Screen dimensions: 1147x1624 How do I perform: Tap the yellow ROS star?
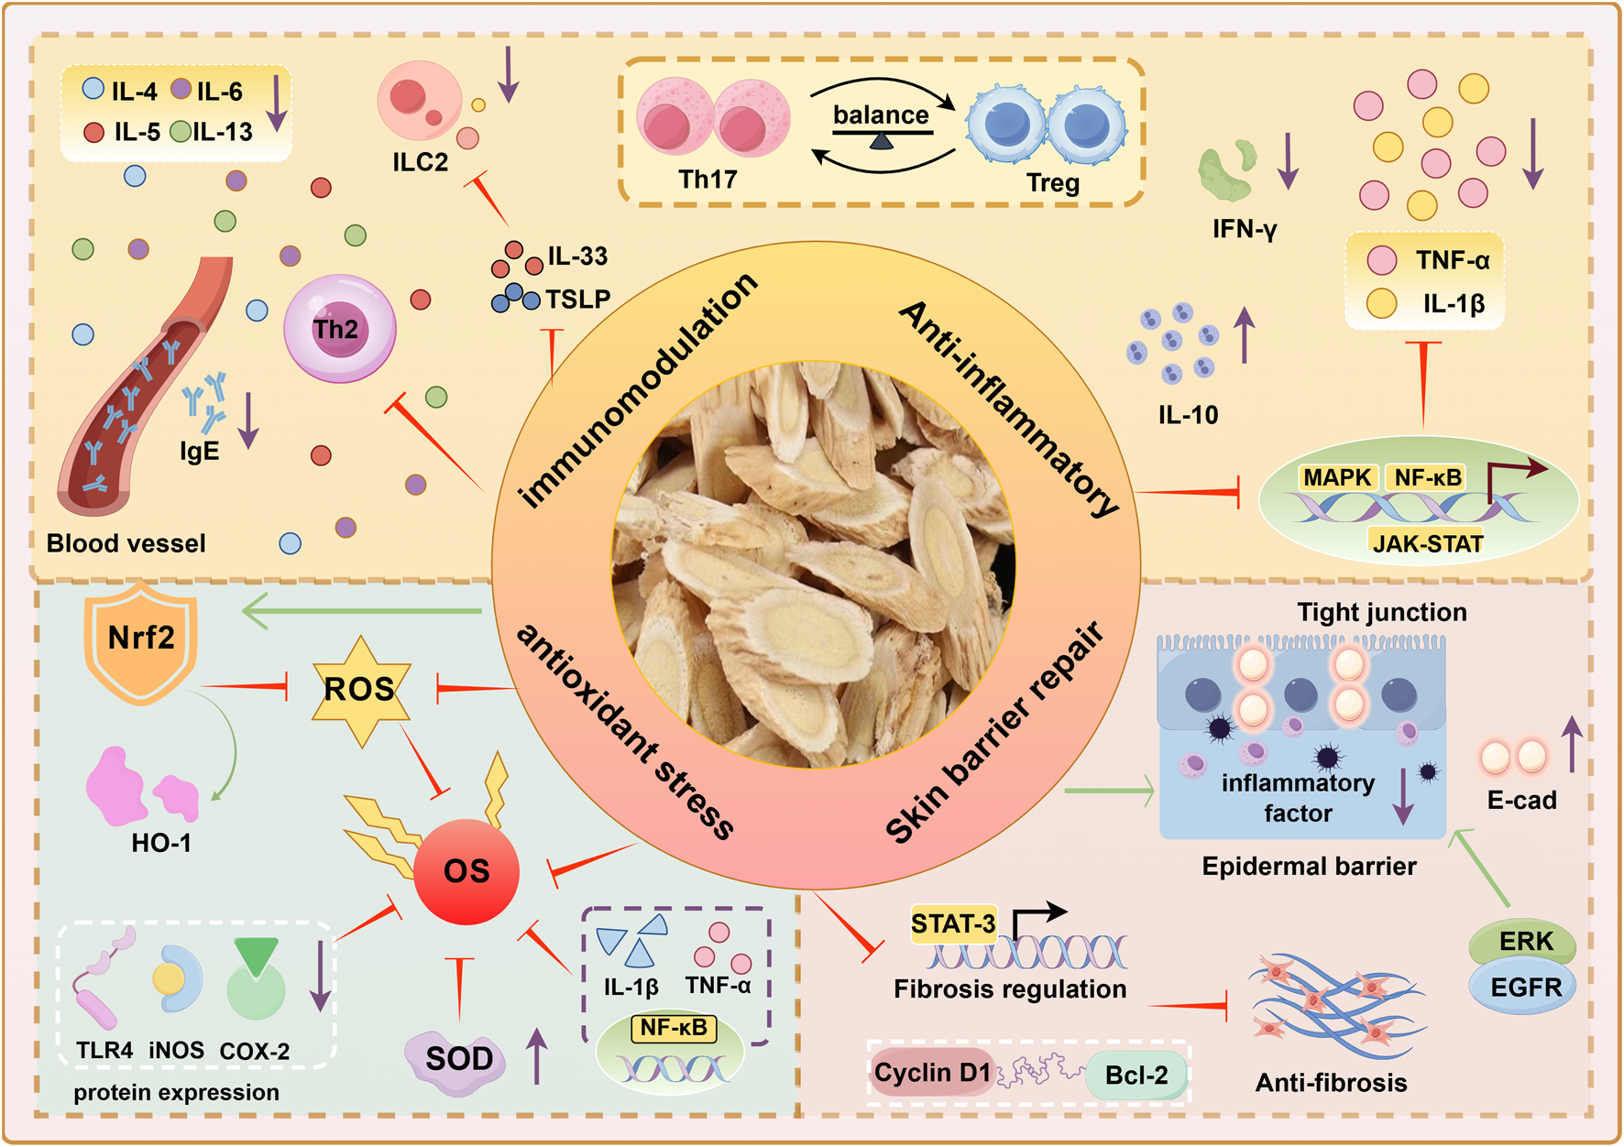click(x=359, y=690)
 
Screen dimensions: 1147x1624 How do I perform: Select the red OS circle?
click(x=466, y=871)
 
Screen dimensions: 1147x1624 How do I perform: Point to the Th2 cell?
click(x=339, y=329)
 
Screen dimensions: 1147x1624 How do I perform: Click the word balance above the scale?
click(x=880, y=115)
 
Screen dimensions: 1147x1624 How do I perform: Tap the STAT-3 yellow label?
click(x=953, y=923)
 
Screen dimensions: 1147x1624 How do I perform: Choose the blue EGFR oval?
click(x=1525, y=988)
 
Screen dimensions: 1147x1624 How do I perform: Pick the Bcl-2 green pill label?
click(x=1136, y=1075)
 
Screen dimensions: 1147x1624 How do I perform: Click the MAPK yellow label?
click(x=1337, y=477)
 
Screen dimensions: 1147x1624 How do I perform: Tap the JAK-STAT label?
click(x=1427, y=543)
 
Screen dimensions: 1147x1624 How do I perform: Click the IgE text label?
click(x=199, y=451)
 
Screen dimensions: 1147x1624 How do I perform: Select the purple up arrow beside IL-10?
click(x=1244, y=335)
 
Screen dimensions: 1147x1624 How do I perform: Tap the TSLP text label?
click(x=577, y=300)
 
